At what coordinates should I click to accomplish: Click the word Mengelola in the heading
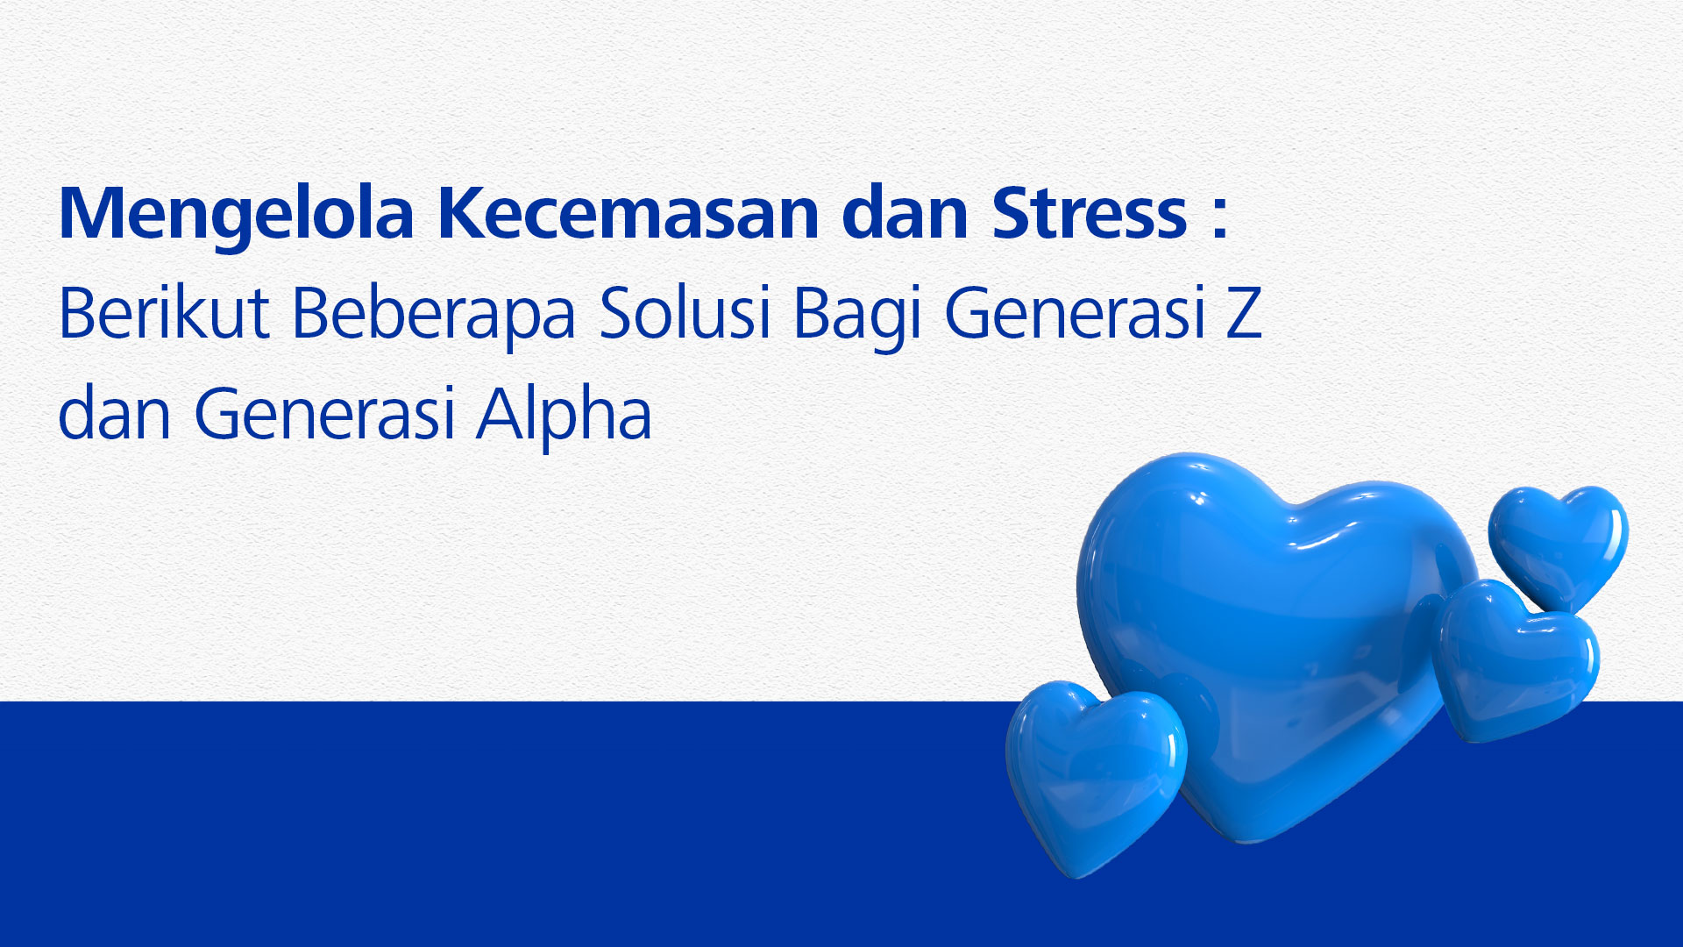pyautogui.click(x=236, y=215)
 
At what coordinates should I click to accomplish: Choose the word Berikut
pyautogui.click(x=163, y=313)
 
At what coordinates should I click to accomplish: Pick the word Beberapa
pyautogui.click(x=433, y=317)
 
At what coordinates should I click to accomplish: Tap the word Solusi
pyautogui.click(x=685, y=313)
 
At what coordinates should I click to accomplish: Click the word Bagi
pyautogui.click(x=857, y=317)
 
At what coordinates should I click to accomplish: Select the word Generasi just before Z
pyautogui.click(x=1075, y=313)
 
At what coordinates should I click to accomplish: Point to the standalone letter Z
pyautogui.click(x=1244, y=312)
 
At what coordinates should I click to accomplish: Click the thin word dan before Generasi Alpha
pyautogui.click(x=114, y=413)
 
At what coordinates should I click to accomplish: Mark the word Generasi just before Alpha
pyautogui.click(x=323, y=413)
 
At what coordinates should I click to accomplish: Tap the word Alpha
pyautogui.click(x=564, y=417)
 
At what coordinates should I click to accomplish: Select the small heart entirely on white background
pyautogui.click(x=1559, y=545)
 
